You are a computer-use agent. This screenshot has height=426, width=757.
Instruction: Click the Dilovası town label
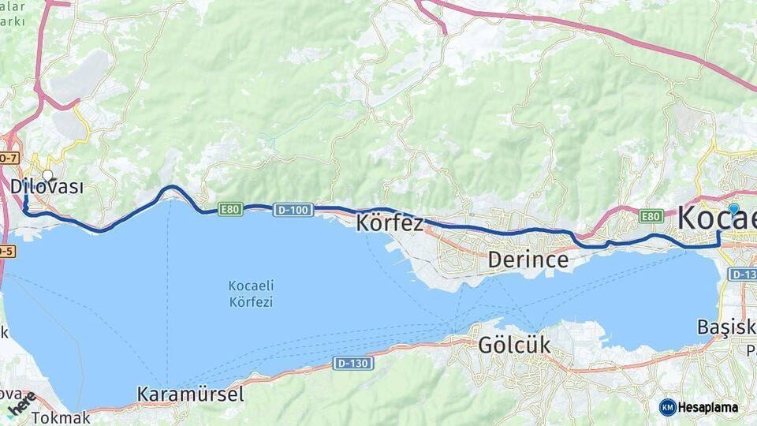(x=47, y=187)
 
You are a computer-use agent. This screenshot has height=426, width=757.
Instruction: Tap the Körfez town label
(x=390, y=222)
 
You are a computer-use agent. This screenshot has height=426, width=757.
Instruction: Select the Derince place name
(x=528, y=259)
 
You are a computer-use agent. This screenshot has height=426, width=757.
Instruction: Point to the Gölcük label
(x=514, y=345)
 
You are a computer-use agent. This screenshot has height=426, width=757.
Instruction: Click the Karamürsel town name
(x=190, y=394)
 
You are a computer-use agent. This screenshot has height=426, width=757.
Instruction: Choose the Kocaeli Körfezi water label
(x=251, y=293)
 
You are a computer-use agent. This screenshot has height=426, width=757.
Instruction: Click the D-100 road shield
(x=293, y=210)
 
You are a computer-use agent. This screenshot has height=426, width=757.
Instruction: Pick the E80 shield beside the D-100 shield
(x=230, y=209)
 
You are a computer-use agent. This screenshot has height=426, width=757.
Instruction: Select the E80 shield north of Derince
(x=651, y=215)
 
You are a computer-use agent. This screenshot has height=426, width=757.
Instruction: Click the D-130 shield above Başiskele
(x=742, y=274)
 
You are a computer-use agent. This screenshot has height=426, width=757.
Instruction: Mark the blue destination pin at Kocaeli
(x=733, y=209)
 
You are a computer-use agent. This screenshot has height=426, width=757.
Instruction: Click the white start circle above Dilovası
(x=48, y=175)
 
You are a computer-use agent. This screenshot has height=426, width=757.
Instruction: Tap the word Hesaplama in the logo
(x=709, y=408)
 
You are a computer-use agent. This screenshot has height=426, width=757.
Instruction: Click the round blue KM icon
(x=668, y=408)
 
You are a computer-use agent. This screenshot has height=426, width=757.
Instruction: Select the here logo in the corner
(x=22, y=404)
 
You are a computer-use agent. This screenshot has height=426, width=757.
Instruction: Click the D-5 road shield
(x=6, y=251)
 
